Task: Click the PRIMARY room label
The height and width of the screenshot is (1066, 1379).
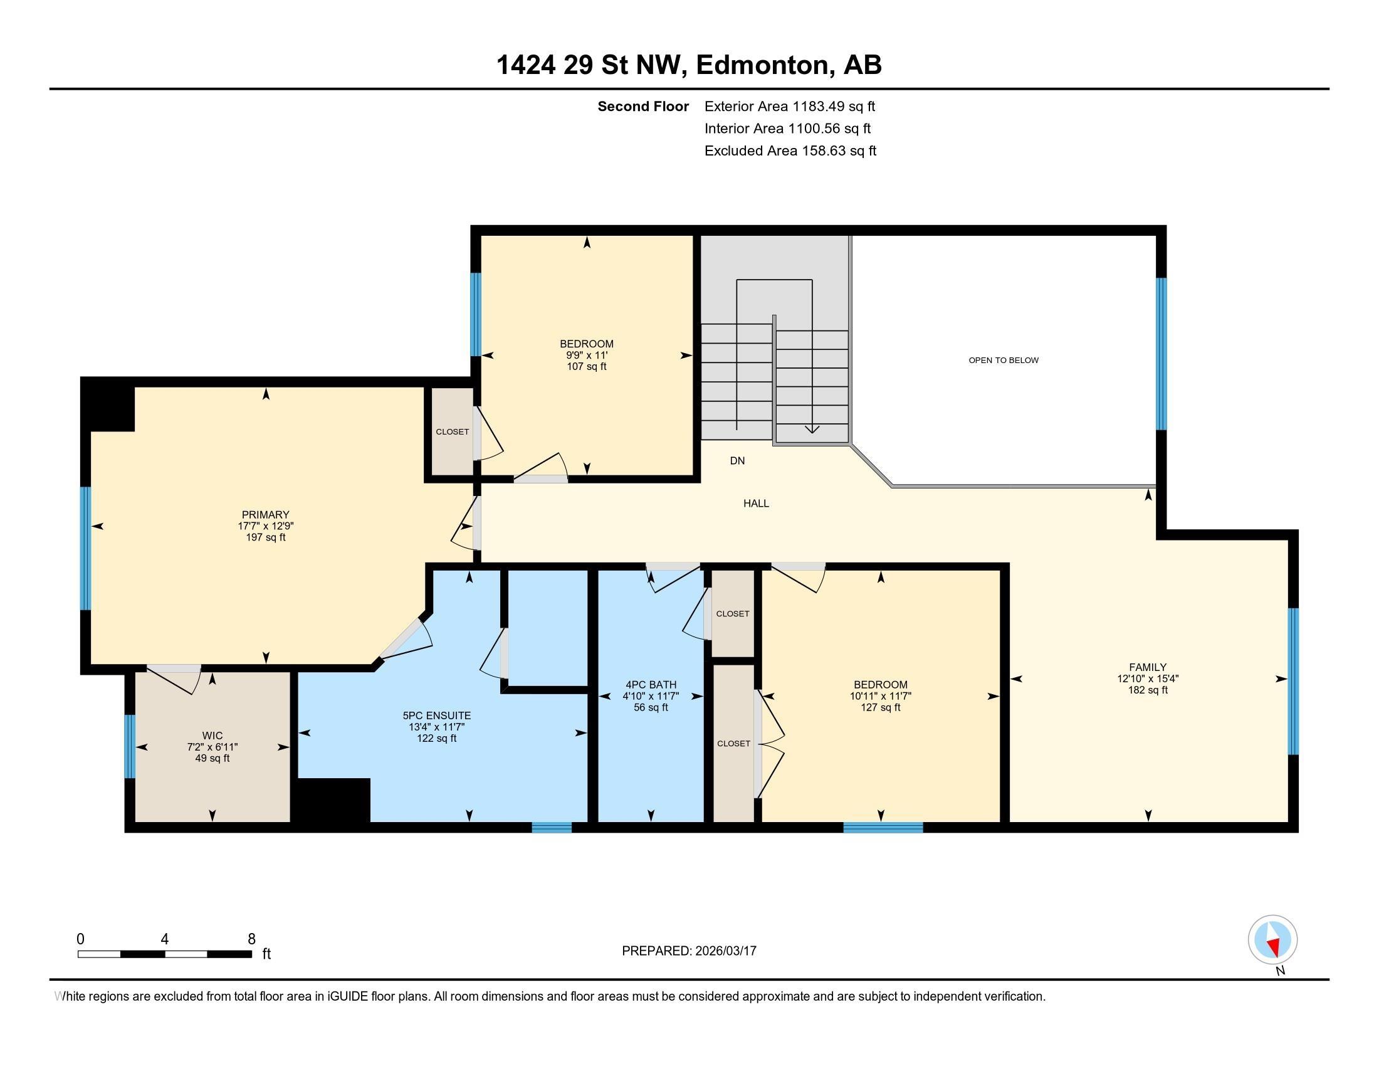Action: pos(265,515)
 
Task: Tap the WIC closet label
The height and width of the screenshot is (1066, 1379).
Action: pos(212,736)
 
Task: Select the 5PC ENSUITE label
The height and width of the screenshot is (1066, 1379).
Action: pos(436,715)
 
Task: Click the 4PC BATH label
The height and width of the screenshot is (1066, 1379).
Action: pos(651,685)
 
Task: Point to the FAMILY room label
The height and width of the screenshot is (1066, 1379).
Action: pos(1147,667)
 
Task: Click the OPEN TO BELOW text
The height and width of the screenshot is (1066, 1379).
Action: pos(1004,361)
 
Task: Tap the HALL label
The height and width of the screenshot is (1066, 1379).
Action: pos(756,504)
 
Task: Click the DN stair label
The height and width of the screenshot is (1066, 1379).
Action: pos(737,461)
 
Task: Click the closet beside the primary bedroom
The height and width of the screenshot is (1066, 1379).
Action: pos(452,432)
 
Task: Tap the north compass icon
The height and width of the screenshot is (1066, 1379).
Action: pos(1272,940)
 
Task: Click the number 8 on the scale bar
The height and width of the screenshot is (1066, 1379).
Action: pos(251,939)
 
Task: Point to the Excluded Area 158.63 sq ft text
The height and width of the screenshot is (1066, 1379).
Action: pos(790,151)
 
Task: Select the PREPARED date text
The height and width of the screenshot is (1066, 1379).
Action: pos(689,951)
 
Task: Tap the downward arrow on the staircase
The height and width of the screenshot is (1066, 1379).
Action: pos(812,429)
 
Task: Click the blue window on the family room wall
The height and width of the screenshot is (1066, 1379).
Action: pos(1292,682)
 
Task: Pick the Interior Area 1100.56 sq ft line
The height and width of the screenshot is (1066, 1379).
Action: pos(787,129)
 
